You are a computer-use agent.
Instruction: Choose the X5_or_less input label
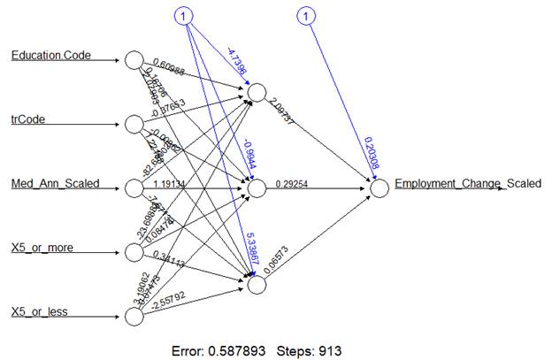coord(44,312)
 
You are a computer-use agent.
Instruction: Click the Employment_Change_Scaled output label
coord(468,184)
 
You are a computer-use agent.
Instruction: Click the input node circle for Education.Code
coord(134,60)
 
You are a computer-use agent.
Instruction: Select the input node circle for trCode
coord(134,124)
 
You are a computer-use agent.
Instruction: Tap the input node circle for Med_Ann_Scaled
coord(134,188)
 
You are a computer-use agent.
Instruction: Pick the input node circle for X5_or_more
coord(134,253)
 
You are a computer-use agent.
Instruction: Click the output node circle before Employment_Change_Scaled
coord(380,188)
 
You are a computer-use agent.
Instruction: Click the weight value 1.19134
coord(193,184)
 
